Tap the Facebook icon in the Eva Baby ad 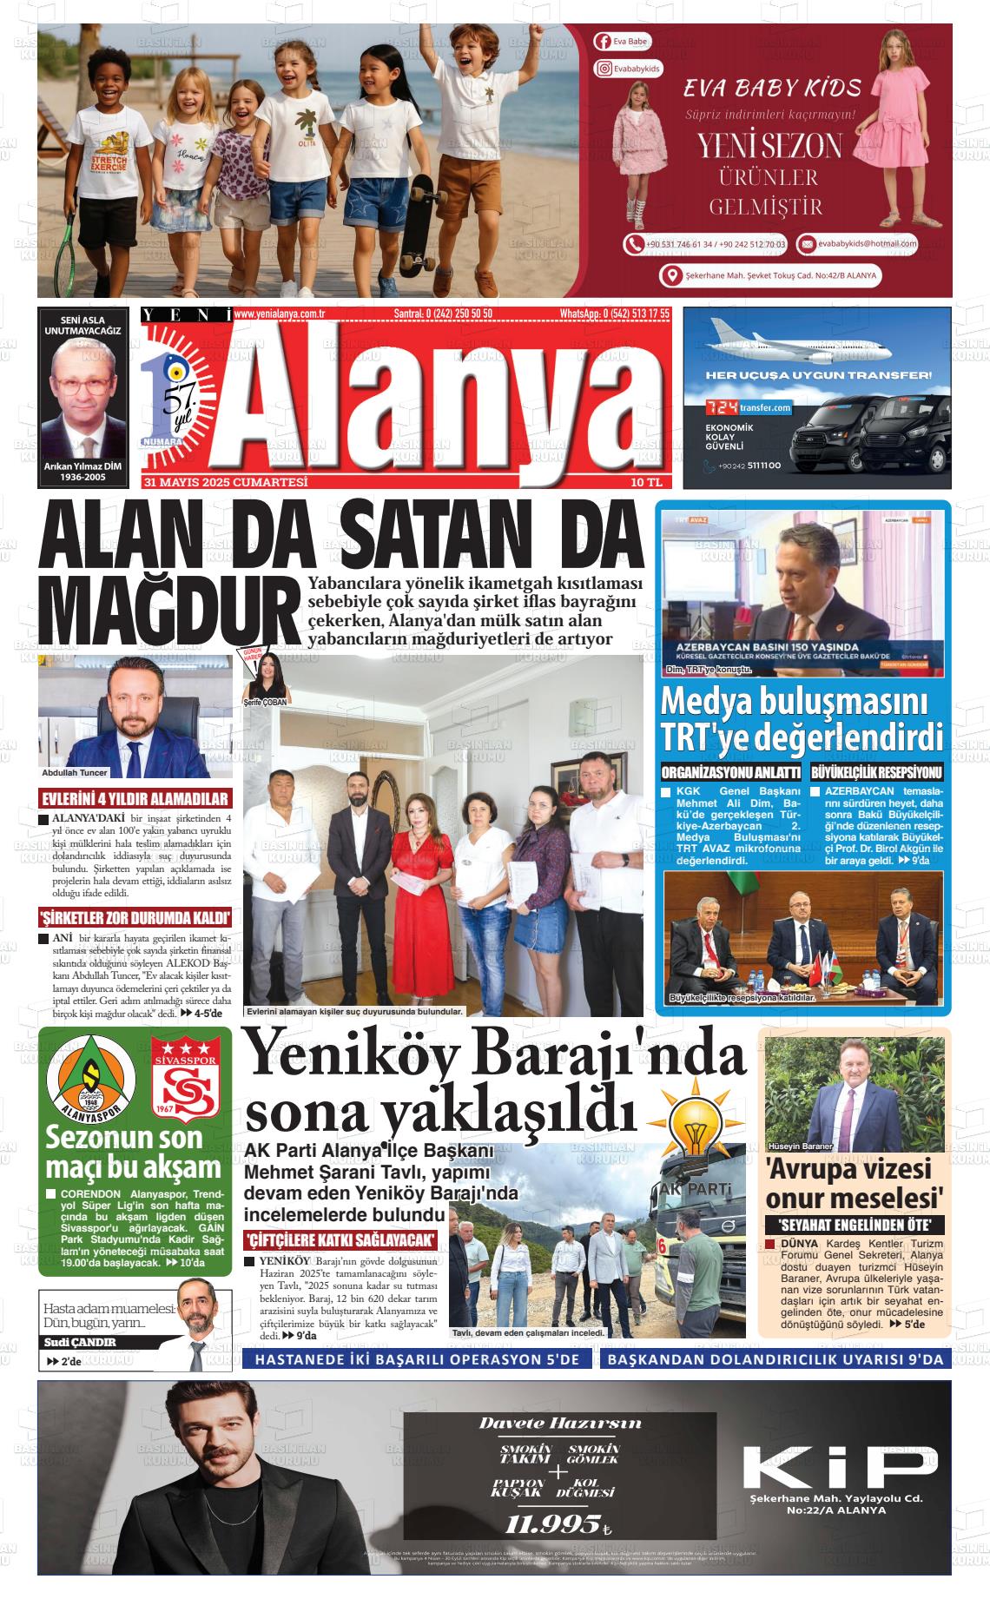(x=603, y=42)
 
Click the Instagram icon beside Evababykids (x=604, y=69)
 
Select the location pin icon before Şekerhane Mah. (x=670, y=276)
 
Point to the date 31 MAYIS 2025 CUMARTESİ (x=227, y=482)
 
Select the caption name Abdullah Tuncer (x=75, y=772)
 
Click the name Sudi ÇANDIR (x=80, y=1342)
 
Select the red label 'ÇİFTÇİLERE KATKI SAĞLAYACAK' (x=340, y=1239)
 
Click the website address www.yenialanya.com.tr (x=280, y=314)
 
